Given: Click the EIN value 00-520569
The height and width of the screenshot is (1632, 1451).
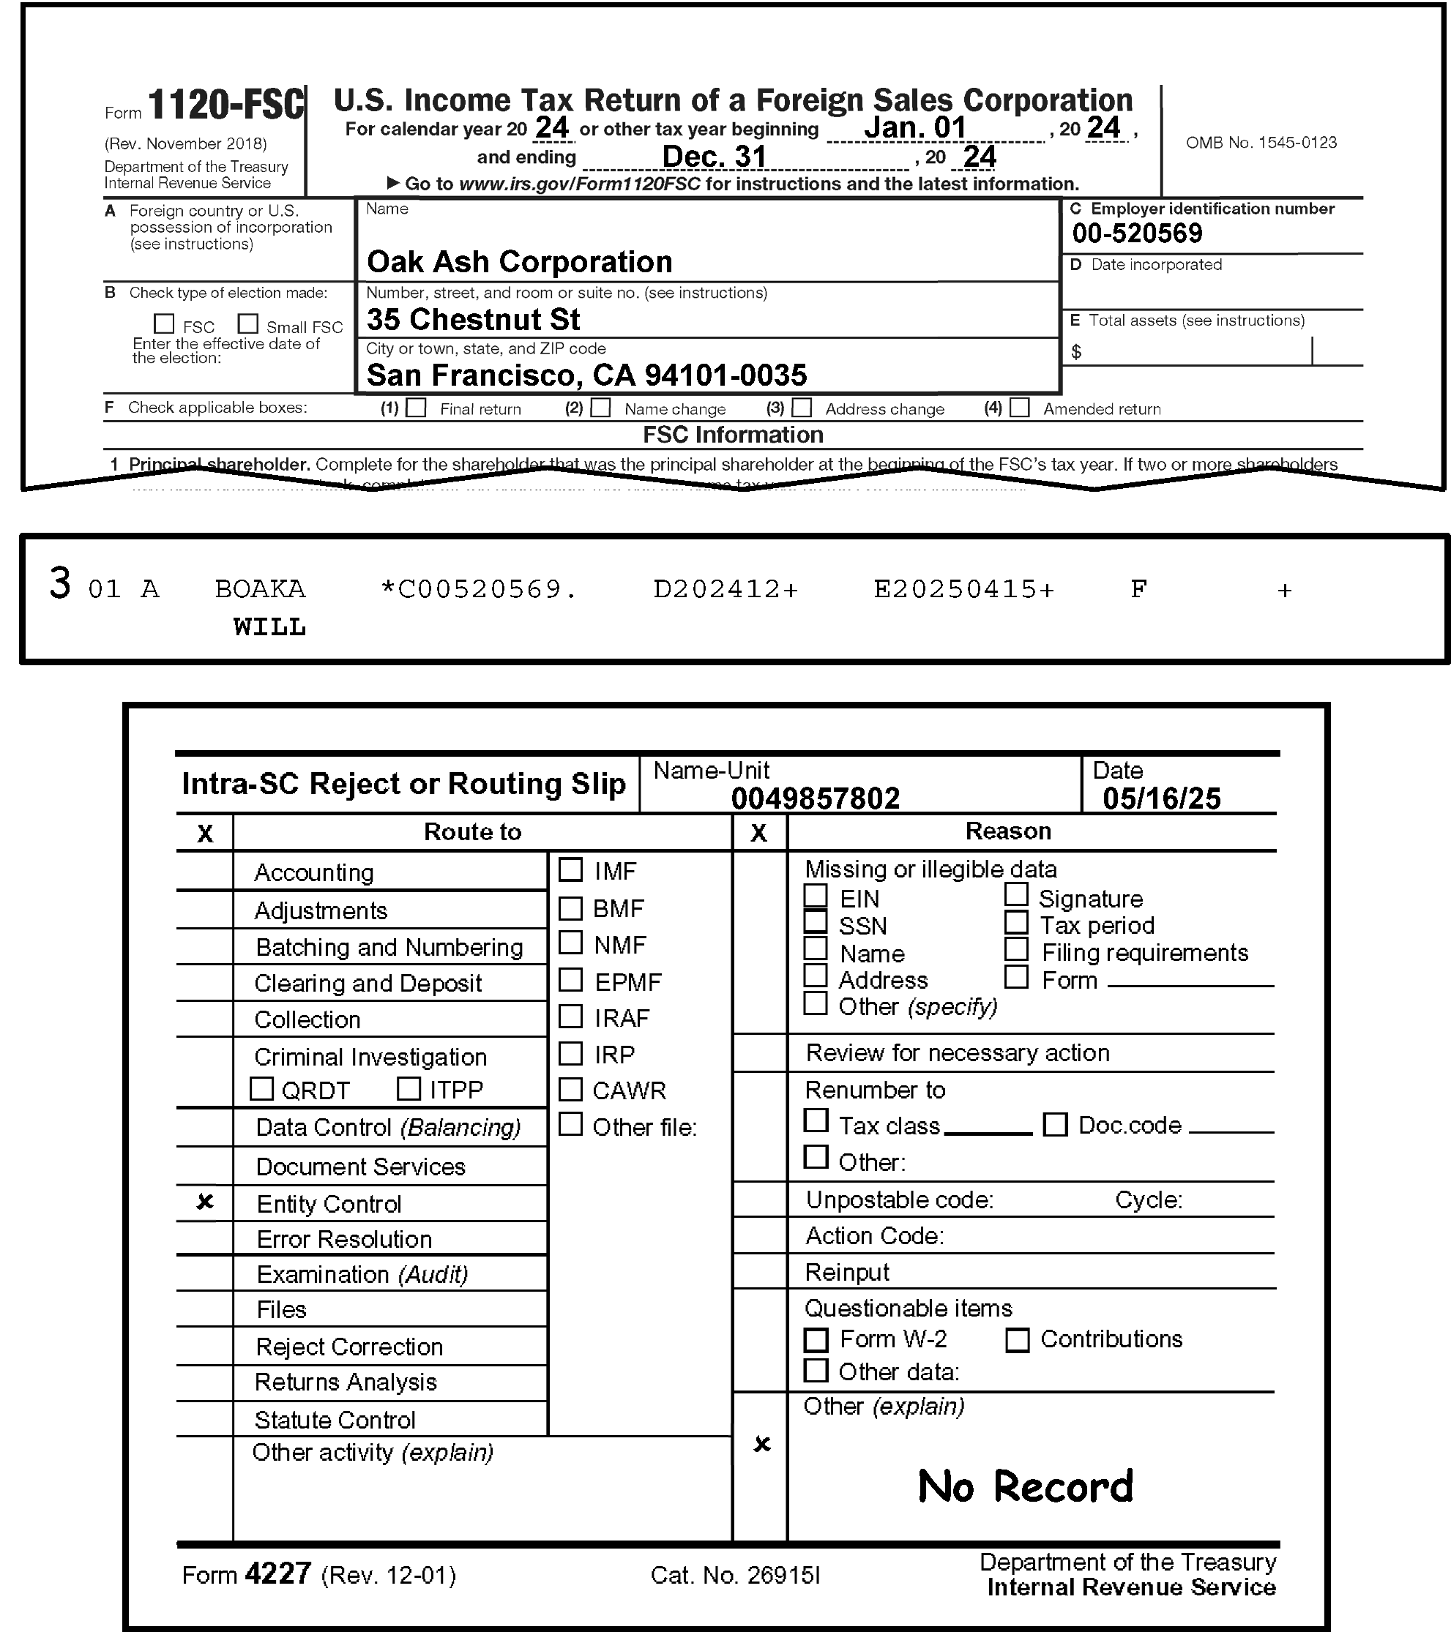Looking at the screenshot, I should [1136, 233].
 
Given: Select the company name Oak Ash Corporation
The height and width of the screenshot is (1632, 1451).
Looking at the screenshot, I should [519, 262].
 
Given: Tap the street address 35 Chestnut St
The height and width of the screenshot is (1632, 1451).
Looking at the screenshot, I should [473, 319].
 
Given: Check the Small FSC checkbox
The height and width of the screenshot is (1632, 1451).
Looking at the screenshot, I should [248, 324].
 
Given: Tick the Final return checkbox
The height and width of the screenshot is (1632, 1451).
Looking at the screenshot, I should [416, 408].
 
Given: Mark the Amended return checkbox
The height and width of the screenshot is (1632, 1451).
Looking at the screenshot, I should [1019, 408].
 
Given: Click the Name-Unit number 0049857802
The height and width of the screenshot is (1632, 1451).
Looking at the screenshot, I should [815, 798].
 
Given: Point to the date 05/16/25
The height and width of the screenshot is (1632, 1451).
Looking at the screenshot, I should [1161, 798].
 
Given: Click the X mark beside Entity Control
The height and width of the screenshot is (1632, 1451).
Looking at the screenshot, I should [205, 1202].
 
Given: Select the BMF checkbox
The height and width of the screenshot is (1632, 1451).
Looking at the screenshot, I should [570, 907].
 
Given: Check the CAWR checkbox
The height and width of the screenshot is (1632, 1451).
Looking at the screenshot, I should [570, 1089].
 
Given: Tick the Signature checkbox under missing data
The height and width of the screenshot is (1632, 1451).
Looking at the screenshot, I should [1016, 895].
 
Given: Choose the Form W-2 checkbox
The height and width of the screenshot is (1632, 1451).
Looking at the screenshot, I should [816, 1340].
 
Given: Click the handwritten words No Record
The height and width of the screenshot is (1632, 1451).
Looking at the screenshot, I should [1026, 1486].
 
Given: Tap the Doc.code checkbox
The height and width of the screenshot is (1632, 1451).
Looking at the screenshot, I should [1055, 1125].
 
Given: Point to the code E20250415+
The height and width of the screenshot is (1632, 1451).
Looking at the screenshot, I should [964, 589].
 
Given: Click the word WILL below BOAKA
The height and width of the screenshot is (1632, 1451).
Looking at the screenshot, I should [269, 626].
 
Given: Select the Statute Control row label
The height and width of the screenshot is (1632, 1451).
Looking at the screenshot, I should [335, 1420].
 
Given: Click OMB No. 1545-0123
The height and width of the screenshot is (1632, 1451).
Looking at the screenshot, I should [1261, 142].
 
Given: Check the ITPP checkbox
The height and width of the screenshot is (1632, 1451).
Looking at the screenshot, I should [409, 1089].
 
